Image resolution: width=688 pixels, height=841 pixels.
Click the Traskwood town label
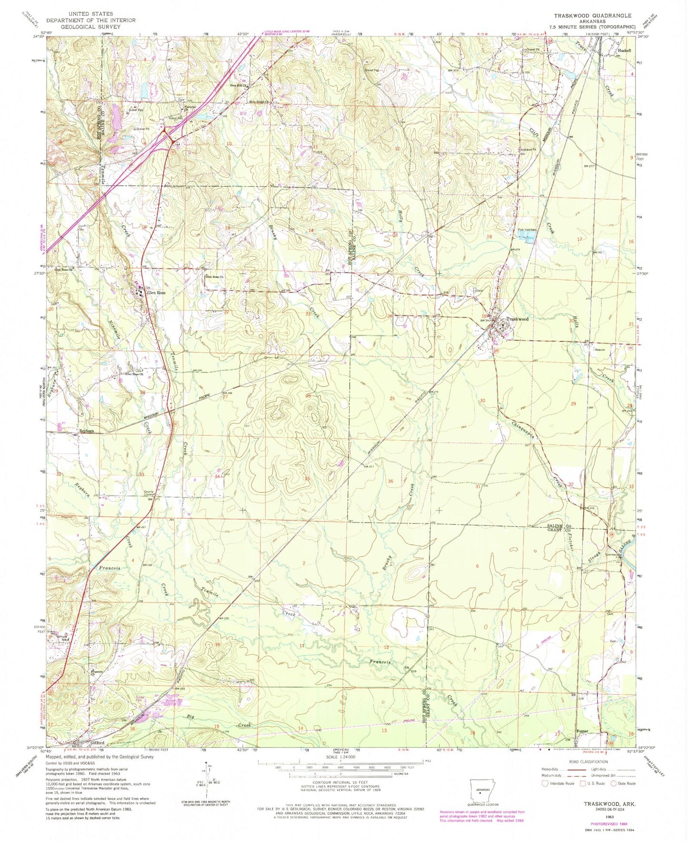pos(518,319)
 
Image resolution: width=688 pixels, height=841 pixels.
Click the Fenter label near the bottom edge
pos(582,731)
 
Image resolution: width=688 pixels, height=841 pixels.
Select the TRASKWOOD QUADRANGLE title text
pos(592,16)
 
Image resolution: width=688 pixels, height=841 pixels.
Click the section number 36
pos(390,481)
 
